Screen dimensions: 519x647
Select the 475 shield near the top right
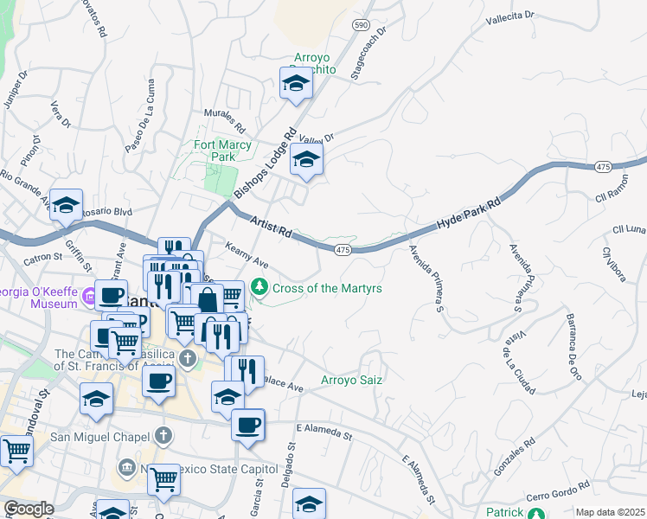[603, 166]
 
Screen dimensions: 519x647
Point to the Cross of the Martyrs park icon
[258, 287]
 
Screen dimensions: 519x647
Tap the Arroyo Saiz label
[351, 379]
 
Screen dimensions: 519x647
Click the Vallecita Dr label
[511, 16]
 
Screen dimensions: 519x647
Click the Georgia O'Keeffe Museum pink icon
[90, 299]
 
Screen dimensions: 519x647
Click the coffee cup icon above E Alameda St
[248, 425]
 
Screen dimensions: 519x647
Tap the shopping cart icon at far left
[16, 450]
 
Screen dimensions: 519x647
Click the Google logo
[29, 509]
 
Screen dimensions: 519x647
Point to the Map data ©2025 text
[611, 512]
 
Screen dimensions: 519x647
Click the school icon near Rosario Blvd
[66, 206]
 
